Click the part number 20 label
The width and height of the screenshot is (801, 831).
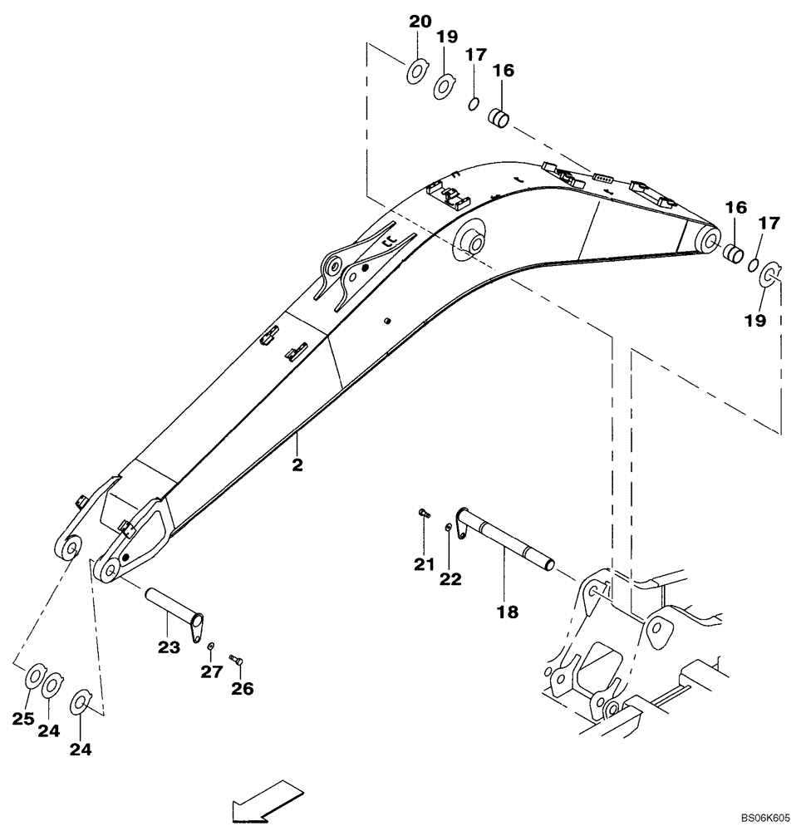(x=419, y=22)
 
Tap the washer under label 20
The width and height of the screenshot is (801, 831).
(x=416, y=72)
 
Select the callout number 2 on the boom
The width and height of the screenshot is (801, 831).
(x=297, y=465)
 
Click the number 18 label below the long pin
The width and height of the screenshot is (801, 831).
(x=507, y=612)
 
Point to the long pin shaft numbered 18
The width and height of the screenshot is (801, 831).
(x=507, y=544)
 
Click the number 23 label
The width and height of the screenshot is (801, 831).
(x=169, y=647)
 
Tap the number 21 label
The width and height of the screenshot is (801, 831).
(x=425, y=565)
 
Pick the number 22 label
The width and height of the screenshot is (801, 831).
(x=450, y=580)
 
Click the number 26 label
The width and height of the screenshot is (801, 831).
(x=243, y=688)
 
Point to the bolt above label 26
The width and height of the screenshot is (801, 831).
(x=235, y=660)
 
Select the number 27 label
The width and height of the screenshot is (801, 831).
(x=212, y=671)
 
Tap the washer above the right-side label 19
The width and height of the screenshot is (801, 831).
(x=769, y=274)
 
